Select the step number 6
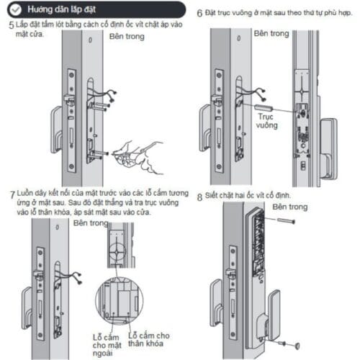point(199,13)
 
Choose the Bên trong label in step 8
point(289,207)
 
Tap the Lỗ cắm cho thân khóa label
point(149,341)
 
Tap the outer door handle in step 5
point(55,122)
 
